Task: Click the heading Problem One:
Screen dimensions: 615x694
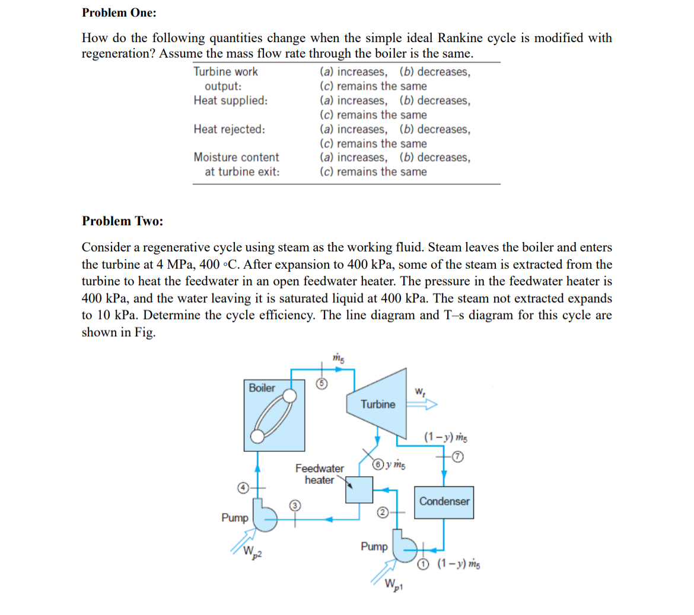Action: [x=119, y=12]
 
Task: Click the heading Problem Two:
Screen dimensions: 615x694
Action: [x=122, y=221]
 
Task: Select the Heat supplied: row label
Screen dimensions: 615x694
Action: [x=230, y=100]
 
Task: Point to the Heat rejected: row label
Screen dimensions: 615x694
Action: [x=229, y=129]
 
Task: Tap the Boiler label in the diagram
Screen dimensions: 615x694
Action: [x=262, y=388]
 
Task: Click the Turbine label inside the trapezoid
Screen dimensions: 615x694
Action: [x=378, y=404]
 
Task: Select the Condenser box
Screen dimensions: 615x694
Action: [x=444, y=502]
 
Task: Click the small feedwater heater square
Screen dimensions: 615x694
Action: [x=359, y=490]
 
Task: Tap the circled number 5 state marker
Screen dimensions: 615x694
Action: [x=321, y=384]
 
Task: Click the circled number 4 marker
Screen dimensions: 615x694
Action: [x=243, y=487]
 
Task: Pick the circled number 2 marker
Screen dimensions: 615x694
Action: [x=383, y=512]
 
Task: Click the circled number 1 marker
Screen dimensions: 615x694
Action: [x=422, y=564]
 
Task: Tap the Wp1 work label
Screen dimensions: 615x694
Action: [x=392, y=584]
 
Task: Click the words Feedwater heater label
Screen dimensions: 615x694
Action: [x=319, y=474]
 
